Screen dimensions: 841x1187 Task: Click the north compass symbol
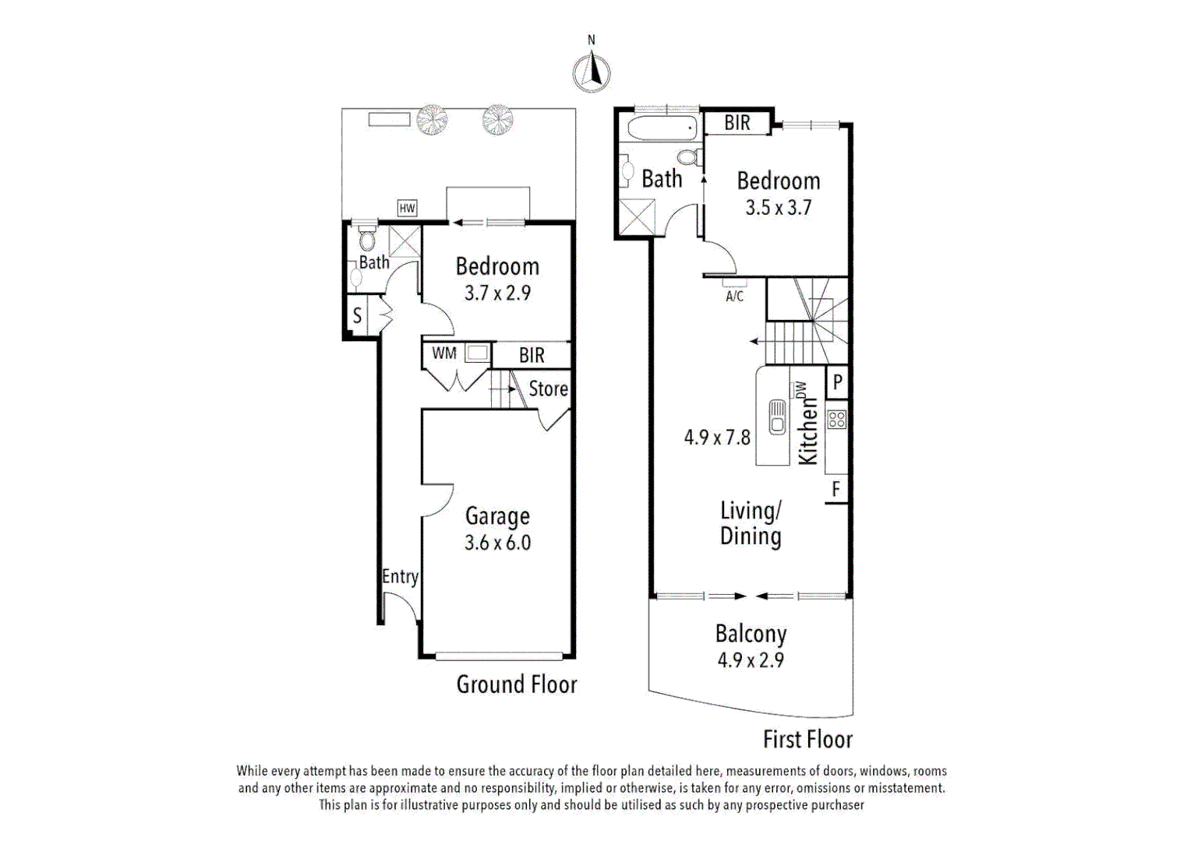pyautogui.click(x=592, y=72)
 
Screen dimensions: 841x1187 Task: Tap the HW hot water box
pyautogui.click(x=407, y=208)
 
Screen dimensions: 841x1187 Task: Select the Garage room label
pyautogui.click(x=497, y=516)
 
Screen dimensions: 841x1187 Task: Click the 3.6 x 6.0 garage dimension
pyautogui.click(x=497, y=543)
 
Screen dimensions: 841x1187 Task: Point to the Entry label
pyautogui.click(x=400, y=576)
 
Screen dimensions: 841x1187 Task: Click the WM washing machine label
pyautogui.click(x=444, y=354)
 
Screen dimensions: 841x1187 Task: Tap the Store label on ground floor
pyautogui.click(x=548, y=389)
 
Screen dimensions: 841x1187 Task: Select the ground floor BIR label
pyautogui.click(x=532, y=355)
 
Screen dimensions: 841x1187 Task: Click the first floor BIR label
pyautogui.click(x=737, y=123)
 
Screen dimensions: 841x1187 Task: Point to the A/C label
pyautogui.click(x=734, y=296)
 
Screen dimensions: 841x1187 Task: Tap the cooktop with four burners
pyautogui.click(x=836, y=419)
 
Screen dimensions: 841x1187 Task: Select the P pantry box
pyautogui.click(x=837, y=382)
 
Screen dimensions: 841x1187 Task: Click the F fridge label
pyautogui.click(x=836, y=489)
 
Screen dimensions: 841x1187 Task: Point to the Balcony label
pyautogui.click(x=751, y=634)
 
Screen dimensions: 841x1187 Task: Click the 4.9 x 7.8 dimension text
pyautogui.click(x=717, y=438)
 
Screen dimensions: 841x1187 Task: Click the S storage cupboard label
pyautogui.click(x=357, y=315)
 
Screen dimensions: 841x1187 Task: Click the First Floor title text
pyautogui.click(x=807, y=739)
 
